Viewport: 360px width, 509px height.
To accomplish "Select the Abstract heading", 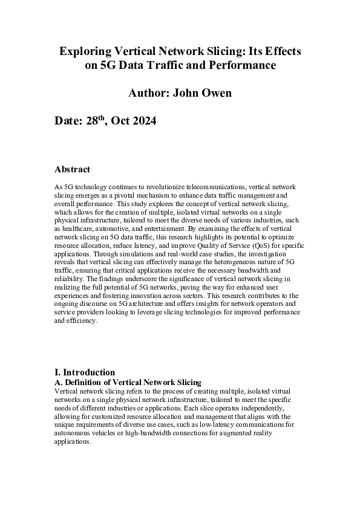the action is click(x=72, y=169).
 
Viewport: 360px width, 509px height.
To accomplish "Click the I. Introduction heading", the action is click(x=85, y=372).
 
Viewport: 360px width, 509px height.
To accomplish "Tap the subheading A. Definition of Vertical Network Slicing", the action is click(x=128, y=382).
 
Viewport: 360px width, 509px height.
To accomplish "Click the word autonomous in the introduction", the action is click(x=76, y=433).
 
